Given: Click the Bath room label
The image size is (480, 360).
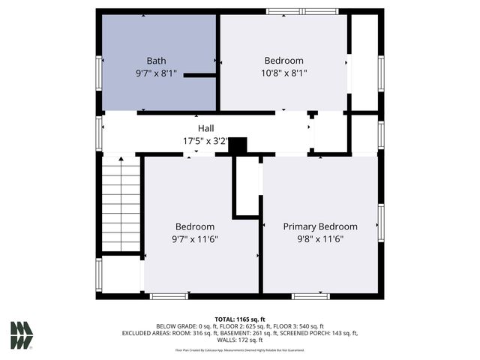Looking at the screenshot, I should tap(156, 61).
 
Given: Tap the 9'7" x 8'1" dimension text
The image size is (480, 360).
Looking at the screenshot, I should tap(156, 73).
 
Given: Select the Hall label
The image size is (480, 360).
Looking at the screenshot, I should tap(205, 128).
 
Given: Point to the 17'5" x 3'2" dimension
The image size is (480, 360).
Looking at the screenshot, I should tap(205, 140).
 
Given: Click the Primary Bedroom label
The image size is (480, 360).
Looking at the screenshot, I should tap(319, 226).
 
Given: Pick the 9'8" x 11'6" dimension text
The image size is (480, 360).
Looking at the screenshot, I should tap(319, 239).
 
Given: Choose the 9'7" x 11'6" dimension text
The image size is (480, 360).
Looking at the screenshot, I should tap(195, 239).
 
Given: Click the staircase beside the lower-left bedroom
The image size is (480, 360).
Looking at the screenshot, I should tap(121, 203).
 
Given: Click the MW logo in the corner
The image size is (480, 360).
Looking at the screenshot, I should tap(21, 335).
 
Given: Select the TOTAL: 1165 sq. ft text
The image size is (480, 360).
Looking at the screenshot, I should tap(240, 319).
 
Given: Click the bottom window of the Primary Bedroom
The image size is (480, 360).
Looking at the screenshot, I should tap(310, 296).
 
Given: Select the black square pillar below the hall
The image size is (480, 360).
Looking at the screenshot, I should tap(238, 145).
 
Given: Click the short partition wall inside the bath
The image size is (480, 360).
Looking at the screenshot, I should tap(199, 75).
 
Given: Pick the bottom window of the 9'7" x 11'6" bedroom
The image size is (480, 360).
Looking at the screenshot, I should tap(169, 296).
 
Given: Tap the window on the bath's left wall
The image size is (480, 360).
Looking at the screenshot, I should tap(99, 73).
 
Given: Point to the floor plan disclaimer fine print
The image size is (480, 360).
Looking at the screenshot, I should tap(240, 349).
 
